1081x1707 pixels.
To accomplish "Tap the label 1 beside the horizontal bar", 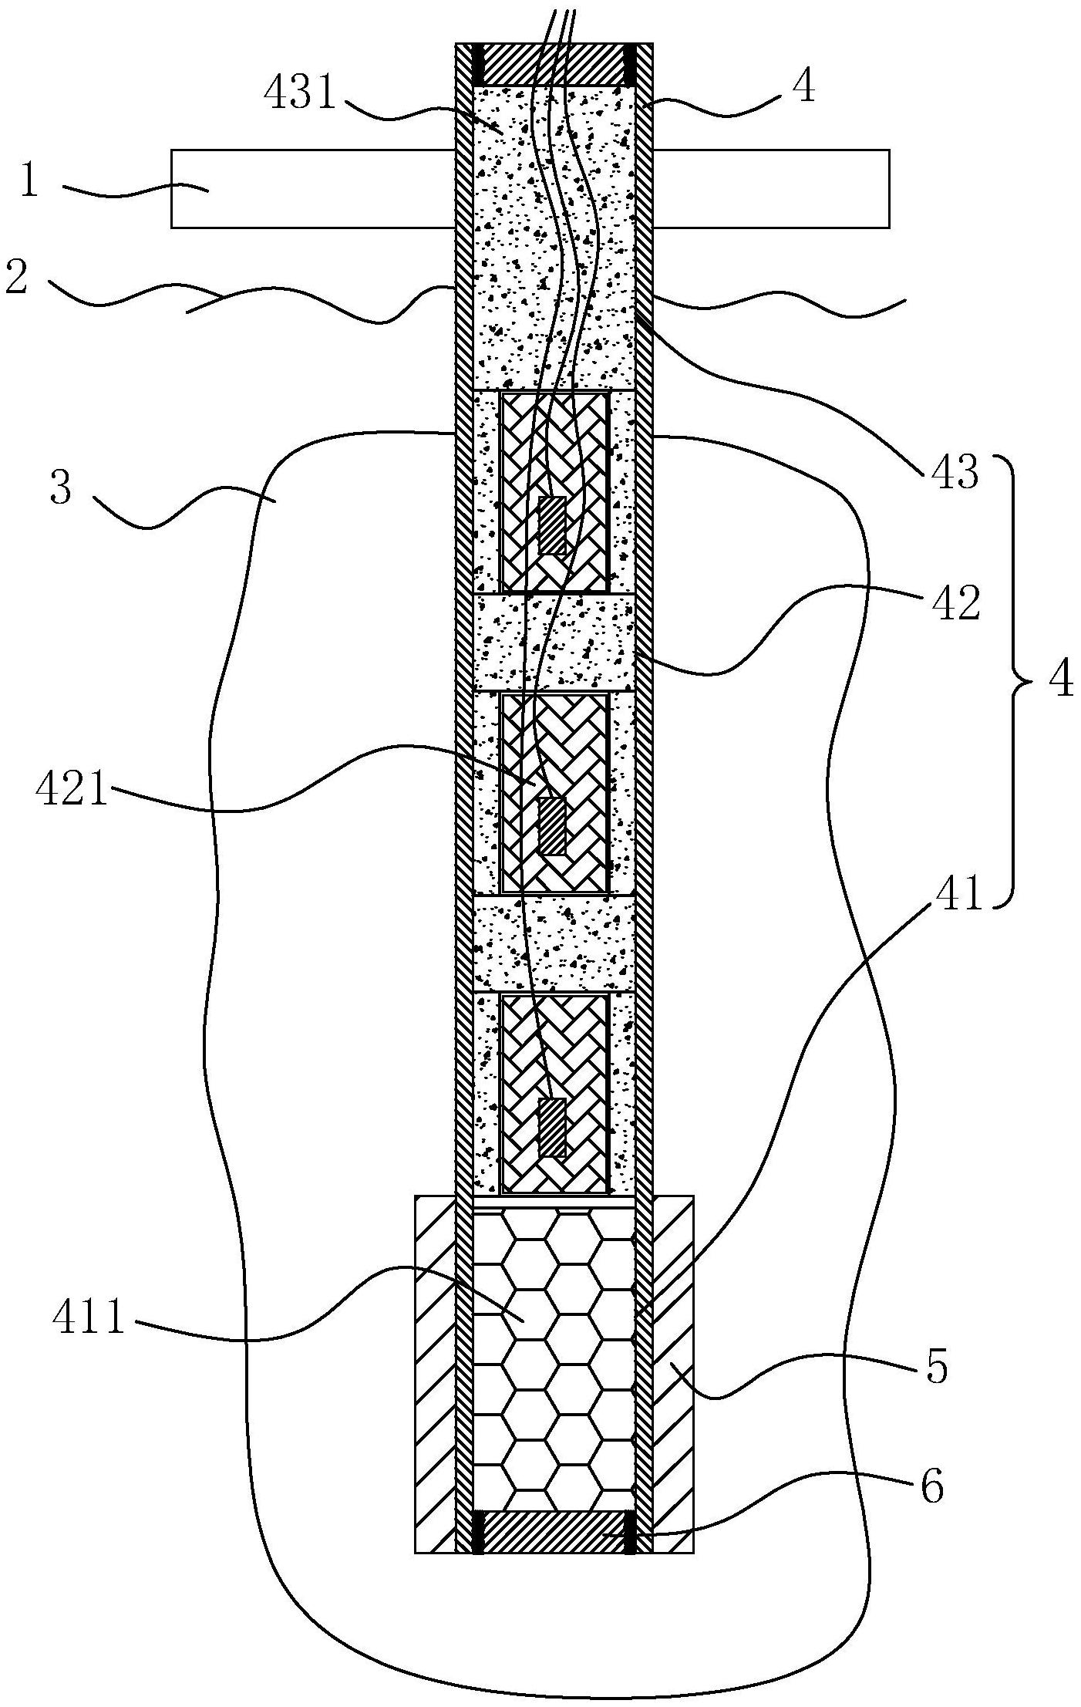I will [29, 182].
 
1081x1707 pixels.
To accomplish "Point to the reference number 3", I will [62, 490].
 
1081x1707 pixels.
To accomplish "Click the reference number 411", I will [89, 1319].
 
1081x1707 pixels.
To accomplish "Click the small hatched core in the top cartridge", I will [551, 525].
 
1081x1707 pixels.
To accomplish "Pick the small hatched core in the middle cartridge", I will [551, 825].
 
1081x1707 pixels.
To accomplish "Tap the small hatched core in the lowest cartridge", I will [551, 1127].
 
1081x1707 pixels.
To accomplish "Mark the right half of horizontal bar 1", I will [771, 188].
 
